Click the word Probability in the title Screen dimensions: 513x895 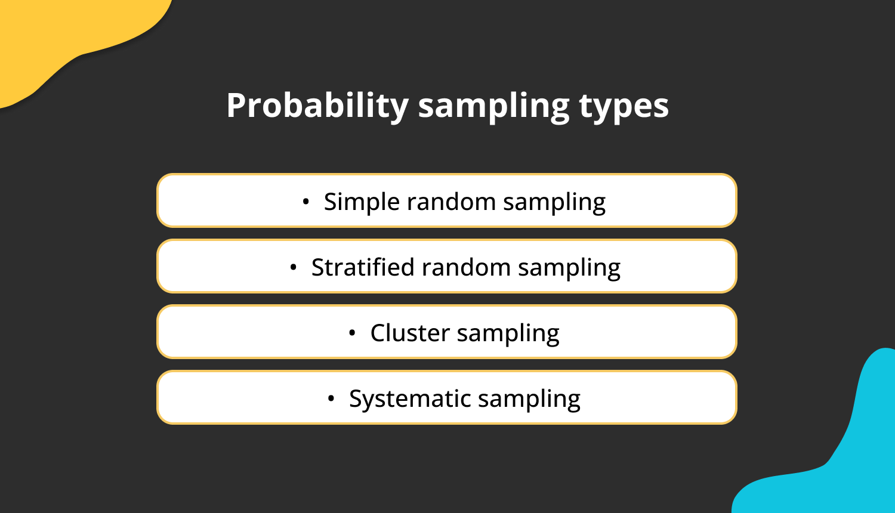pos(317,106)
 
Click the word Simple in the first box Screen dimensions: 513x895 pos(362,202)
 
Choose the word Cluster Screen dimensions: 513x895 pos(409,333)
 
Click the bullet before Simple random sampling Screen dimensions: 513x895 pos(306,202)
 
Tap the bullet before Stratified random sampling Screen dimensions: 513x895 pos(293,268)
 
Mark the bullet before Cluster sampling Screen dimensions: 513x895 pos(352,333)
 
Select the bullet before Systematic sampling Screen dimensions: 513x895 pos(331,399)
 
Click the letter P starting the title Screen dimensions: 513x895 pos(236,106)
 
